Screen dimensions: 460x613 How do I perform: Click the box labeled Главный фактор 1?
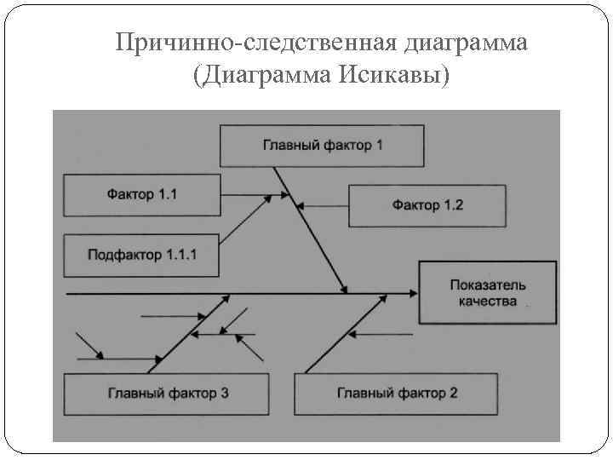tap(321, 146)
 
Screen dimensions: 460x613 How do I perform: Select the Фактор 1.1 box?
tap(141, 195)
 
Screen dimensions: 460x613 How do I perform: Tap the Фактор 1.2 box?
tap(427, 204)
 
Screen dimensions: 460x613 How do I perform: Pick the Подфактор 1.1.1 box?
tap(141, 254)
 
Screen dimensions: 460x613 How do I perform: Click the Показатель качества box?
tap(488, 292)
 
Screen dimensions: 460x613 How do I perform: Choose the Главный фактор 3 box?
tap(168, 394)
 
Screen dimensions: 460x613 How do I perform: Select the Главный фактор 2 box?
tap(397, 394)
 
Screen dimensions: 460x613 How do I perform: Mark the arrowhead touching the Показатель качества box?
tap(413, 292)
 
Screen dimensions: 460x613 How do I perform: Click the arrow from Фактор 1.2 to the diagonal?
tap(324, 204)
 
